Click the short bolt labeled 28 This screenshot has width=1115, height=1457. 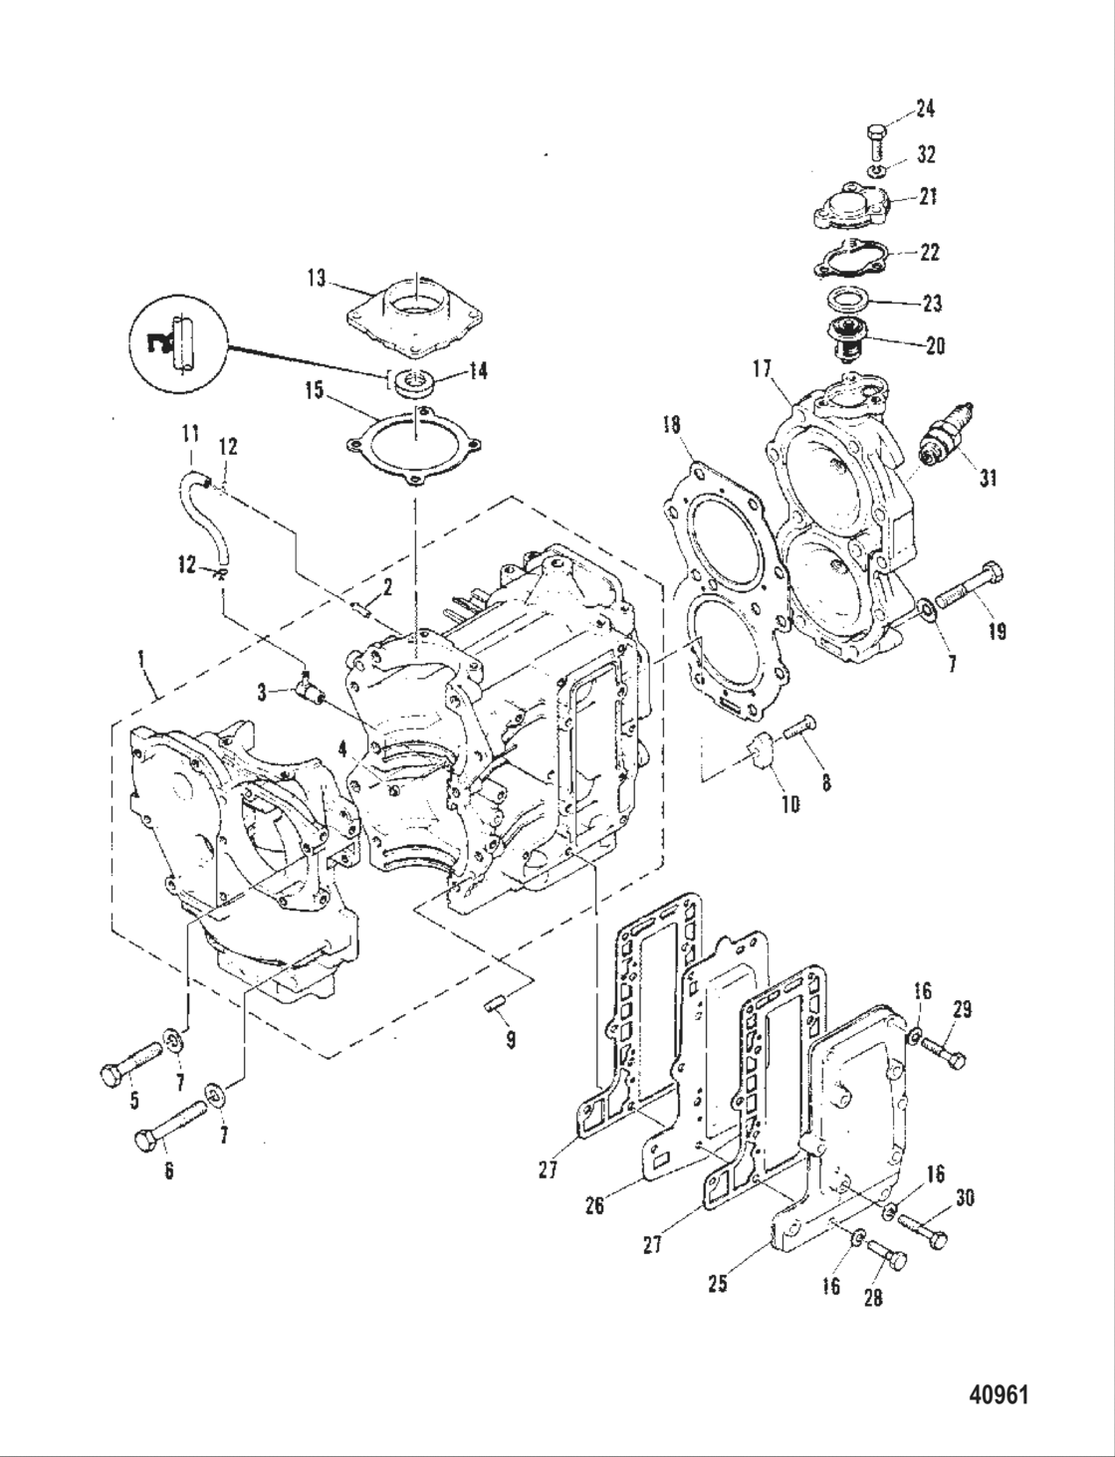pyautogui.click(x=886, y=1254)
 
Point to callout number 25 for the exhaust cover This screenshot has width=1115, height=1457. pyautogui.click(x=717, y=1283)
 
